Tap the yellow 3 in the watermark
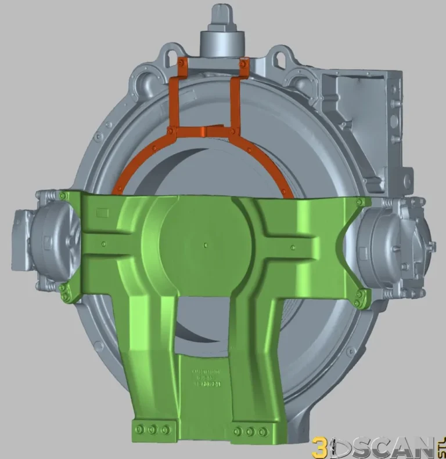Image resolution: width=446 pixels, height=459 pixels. [319, 446]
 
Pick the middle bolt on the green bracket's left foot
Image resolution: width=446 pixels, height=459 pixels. [152, 429]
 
